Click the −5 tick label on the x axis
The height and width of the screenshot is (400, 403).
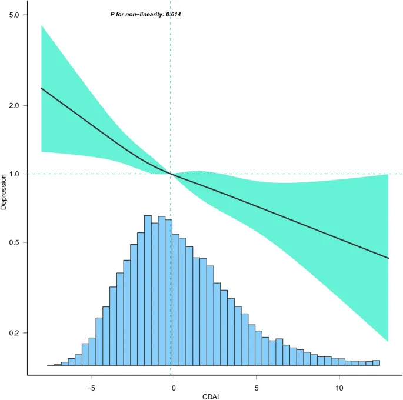90,388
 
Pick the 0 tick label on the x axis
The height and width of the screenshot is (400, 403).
174,388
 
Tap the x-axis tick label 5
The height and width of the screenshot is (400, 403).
257,388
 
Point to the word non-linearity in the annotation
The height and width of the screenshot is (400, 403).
141,14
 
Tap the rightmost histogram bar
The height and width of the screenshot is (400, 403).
376,364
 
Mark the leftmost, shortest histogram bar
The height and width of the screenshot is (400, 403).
51,365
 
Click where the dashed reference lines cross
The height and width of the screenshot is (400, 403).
171,174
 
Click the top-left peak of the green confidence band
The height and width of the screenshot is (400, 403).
41,25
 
